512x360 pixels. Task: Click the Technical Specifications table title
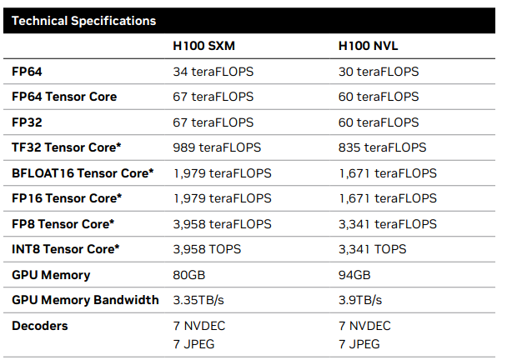coord(83,20)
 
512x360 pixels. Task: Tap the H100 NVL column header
coord(371,46)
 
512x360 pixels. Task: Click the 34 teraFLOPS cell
coord(213,72)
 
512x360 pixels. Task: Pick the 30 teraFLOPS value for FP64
coord(379,72)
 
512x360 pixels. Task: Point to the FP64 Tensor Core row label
coord(64,97)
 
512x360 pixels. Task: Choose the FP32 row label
coord(27,122)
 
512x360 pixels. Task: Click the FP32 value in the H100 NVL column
coord(379,122)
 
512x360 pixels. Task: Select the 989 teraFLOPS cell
coord(216,147)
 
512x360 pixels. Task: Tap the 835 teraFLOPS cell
coord(382,147)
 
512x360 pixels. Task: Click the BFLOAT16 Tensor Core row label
coord(83,173)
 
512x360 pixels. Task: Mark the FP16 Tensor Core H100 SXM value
coord(222,198)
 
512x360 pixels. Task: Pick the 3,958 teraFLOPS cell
coord(222,224)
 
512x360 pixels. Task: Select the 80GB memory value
coord(188,275)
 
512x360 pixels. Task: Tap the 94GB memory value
coord(354,275)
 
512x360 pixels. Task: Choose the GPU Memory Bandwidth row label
coord(85,300)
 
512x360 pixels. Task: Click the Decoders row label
coord(40,326)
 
